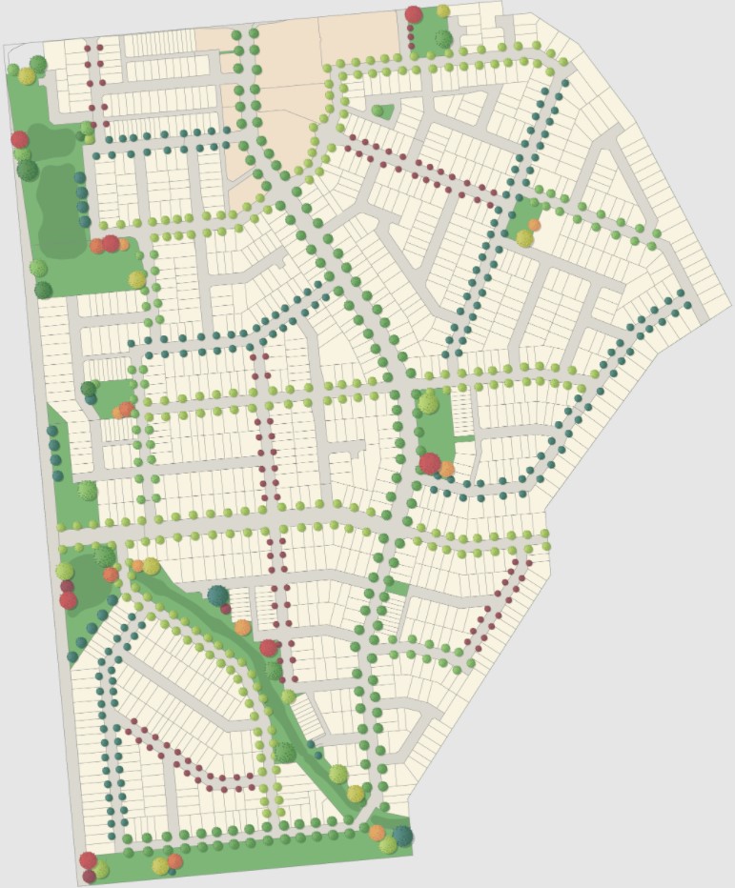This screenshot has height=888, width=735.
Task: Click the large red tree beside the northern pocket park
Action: pos(414,14)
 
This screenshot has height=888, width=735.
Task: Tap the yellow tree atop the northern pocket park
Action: pos(443,11)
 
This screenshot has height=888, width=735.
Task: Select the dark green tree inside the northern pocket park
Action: pos(443,38)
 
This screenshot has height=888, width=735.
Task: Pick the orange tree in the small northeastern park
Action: pos(534,226)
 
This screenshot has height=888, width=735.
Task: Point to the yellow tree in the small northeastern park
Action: pos(524,238)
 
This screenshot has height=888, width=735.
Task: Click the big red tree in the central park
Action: pos(430,463)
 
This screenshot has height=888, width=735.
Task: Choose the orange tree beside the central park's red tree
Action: pos(446,469)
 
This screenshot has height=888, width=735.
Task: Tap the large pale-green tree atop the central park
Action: pos(428,404)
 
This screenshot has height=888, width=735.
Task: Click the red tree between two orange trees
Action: pos(111,243)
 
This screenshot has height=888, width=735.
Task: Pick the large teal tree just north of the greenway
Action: pos(218,596)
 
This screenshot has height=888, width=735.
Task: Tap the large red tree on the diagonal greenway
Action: pos(269,648)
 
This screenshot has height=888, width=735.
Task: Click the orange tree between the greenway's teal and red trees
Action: pos(243,627)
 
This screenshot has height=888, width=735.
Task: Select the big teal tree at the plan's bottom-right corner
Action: pos(402,836)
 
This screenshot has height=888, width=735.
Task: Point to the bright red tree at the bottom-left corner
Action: pos(89,860)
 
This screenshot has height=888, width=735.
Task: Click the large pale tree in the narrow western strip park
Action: pos(87,491)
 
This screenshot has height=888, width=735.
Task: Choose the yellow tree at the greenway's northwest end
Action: pos(151,567)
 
